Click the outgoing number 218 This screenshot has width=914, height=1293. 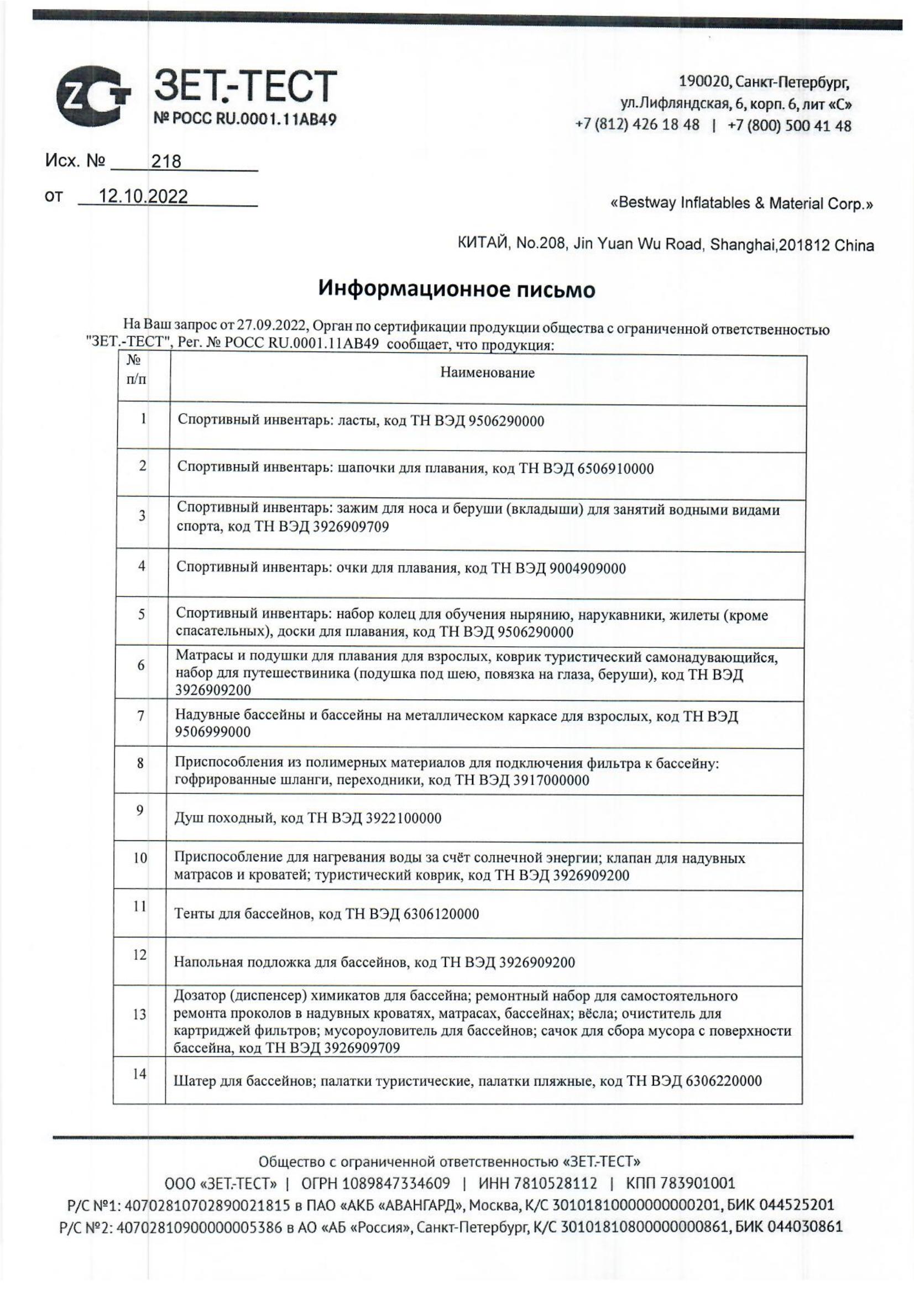tap(166, 162)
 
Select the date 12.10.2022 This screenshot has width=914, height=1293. tap(143, 197)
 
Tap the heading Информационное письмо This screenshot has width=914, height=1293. tap(457, 289)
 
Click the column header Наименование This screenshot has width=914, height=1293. tap(487, 372)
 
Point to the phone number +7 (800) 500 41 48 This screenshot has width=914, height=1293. tap(790, 125)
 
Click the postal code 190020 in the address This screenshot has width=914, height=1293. tap(703, 83)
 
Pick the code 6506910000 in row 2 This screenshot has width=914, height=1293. tap(615, 469)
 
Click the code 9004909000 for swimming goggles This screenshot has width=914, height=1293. tap(587, 568)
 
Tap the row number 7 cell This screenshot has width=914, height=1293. tap(141, 716)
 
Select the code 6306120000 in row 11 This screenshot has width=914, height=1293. tap(441, 914)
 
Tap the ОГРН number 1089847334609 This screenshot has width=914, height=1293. tap(396, 1182)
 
